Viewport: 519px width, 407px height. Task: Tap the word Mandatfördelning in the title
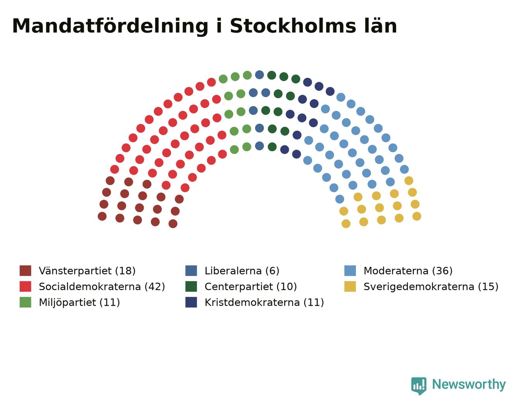click(x=110, y=27)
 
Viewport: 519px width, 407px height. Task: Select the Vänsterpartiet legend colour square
click(x=25, y=271)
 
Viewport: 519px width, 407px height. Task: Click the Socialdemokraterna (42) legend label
click(x=102, y=287)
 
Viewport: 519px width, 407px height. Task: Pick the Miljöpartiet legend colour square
click(x=25, y=302)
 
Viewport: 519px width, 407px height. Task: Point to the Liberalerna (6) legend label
click(x=242, y=271)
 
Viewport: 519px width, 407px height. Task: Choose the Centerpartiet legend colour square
click(x=191, y=287)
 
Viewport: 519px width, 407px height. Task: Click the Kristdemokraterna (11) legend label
click(x=265, y=302)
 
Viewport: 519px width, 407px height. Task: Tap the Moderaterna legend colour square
click(x=350, y=271)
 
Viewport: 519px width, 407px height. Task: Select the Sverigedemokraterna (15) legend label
click(x=431, y=287)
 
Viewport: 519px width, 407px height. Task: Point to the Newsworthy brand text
click(x=469, y=384)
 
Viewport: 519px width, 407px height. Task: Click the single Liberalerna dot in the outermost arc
click(x=259, y=75)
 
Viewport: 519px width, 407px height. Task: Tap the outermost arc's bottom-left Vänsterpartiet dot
click(x=102, y=216)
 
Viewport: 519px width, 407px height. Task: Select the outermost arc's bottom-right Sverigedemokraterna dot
click(x=417, y=216)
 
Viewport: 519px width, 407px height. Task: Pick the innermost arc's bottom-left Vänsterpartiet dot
click(x=173, y=224)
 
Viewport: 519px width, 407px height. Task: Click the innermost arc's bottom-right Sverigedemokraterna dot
click(x=346, y=224)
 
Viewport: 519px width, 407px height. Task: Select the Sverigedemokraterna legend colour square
click(x=350, y=287)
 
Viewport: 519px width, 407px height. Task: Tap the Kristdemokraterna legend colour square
click(x=191, y=302)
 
